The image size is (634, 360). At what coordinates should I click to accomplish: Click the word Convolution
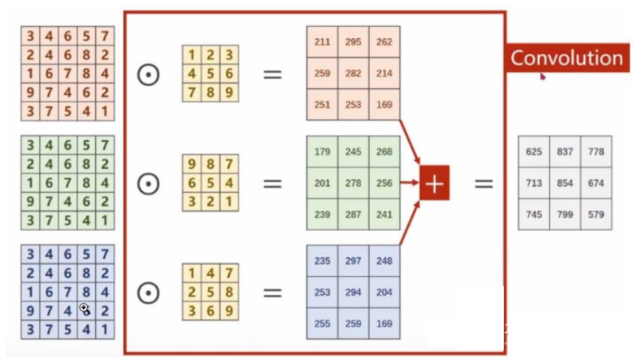(x=567, y=58)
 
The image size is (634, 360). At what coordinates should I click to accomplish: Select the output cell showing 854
(x=565, y=183)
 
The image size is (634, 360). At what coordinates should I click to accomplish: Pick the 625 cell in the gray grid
(x=534, y=151)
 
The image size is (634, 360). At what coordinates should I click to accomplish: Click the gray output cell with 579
(x=596, y=214)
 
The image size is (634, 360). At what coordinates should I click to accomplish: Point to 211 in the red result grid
(x=322, y=41)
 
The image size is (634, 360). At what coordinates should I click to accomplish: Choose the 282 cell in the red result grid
(x=353, y=72)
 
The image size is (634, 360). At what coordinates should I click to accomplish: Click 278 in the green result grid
(x=353, y=183)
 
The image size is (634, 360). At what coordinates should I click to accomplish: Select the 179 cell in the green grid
(x=322, y=152)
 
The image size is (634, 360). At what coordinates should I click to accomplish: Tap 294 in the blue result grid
(x=353, y=293)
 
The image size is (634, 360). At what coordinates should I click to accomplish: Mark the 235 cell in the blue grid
(x=322, y=261)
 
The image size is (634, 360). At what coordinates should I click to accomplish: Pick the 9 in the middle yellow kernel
(x=193, y=165)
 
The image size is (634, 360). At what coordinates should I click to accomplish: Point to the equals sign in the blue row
(x=273, y=293)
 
